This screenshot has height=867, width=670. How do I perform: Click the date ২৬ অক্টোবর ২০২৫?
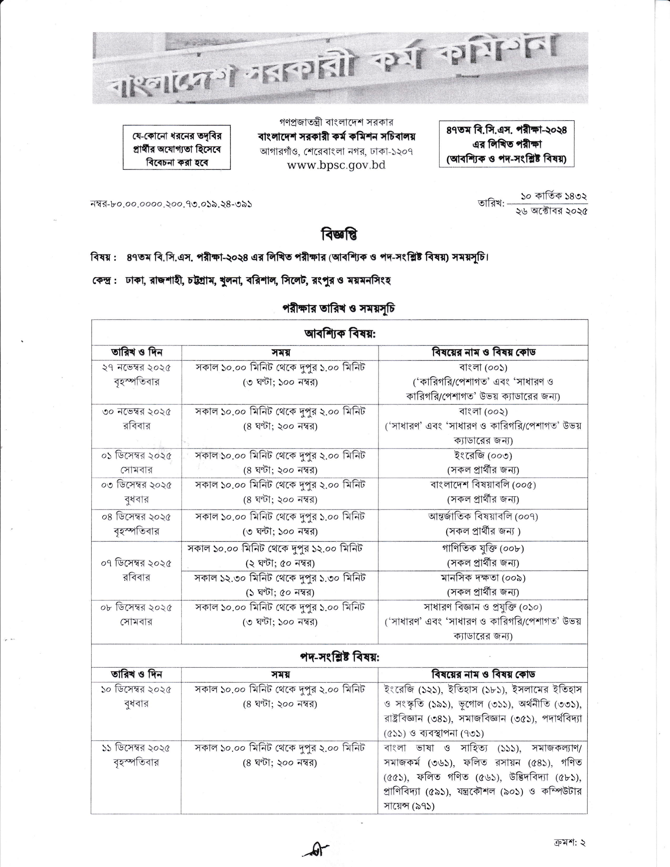tap(551, 211)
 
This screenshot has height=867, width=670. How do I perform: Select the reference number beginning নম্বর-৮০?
tap(172, 204)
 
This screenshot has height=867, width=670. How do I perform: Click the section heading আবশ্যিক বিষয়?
tap(339, 334)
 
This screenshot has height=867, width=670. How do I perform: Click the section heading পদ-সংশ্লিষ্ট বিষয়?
tap(339, 657)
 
